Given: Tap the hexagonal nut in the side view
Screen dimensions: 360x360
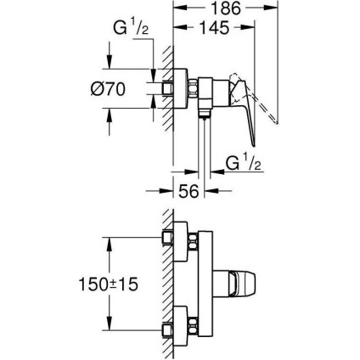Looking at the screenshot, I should tap(192, 88).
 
